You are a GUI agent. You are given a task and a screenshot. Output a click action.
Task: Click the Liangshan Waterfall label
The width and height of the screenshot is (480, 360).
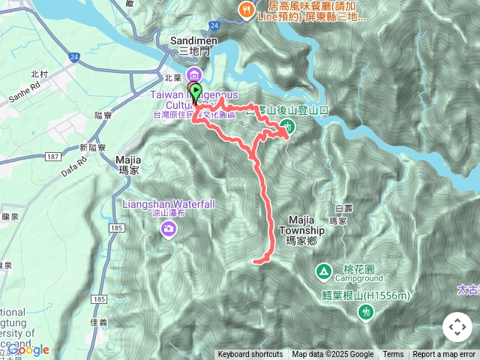[x=169, y=204]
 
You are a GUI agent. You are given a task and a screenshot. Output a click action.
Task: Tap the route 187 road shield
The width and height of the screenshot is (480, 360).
[x=52, y=155]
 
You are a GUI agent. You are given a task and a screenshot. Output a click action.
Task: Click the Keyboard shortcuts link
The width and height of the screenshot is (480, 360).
[x=250, y=355]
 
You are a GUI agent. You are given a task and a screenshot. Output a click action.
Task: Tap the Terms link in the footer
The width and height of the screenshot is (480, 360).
[x=393, y=355]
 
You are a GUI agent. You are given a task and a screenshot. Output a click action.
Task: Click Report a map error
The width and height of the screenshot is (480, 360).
[x=445, y=355]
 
